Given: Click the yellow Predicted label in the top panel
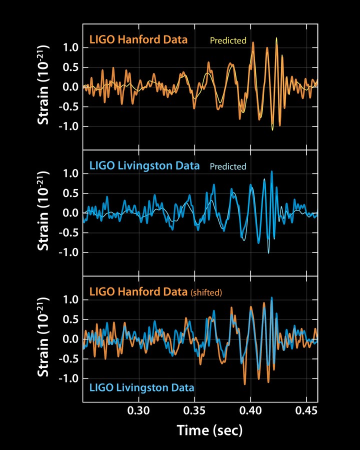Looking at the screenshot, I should pyautogui.click(x=228, y=40).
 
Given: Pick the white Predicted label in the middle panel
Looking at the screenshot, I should pyautogui.click(x=228, y=166).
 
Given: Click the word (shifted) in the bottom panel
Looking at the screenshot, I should pyautogui.click(x=206, y=293).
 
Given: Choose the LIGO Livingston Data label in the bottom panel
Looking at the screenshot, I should pyautogui.click(x=142, y=387).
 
